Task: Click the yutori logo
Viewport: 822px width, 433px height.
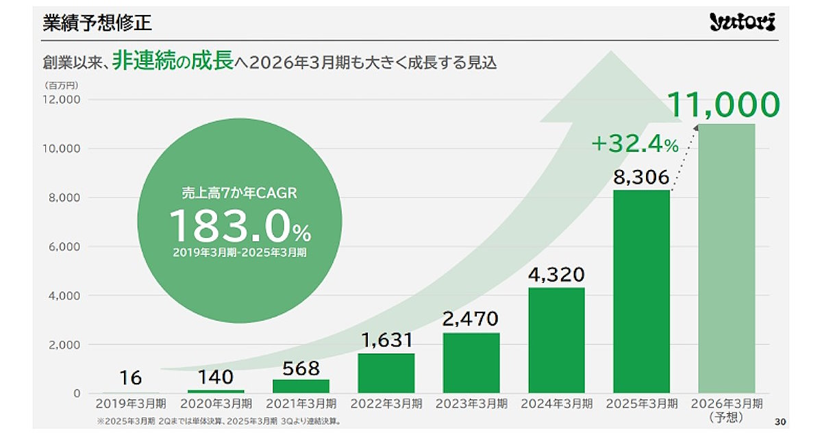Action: click(x=742, y=23)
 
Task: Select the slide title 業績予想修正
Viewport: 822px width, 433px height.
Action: click(x=97, y=23)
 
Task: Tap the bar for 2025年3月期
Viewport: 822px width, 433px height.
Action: click(x=641, y=291)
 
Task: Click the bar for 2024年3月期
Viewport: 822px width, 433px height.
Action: click(x=556, y=340)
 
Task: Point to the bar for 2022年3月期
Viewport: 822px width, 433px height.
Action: click(x=386, y=373)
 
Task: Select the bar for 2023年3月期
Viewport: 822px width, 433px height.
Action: click(x=471, y=362)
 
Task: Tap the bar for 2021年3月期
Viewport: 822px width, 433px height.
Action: click(x=301, y=386)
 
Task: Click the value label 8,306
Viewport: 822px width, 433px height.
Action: click(x=641, y=178)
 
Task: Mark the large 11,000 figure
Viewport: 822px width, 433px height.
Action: click(x=723, y=105)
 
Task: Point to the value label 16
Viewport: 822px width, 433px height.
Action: click(x=130, y=378)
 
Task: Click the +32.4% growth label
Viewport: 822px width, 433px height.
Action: click(x=634, y=144)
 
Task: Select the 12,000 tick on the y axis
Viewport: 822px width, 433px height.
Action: click(x=62, y=99)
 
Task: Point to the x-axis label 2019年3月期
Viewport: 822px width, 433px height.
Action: click(x=130, y=403)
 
